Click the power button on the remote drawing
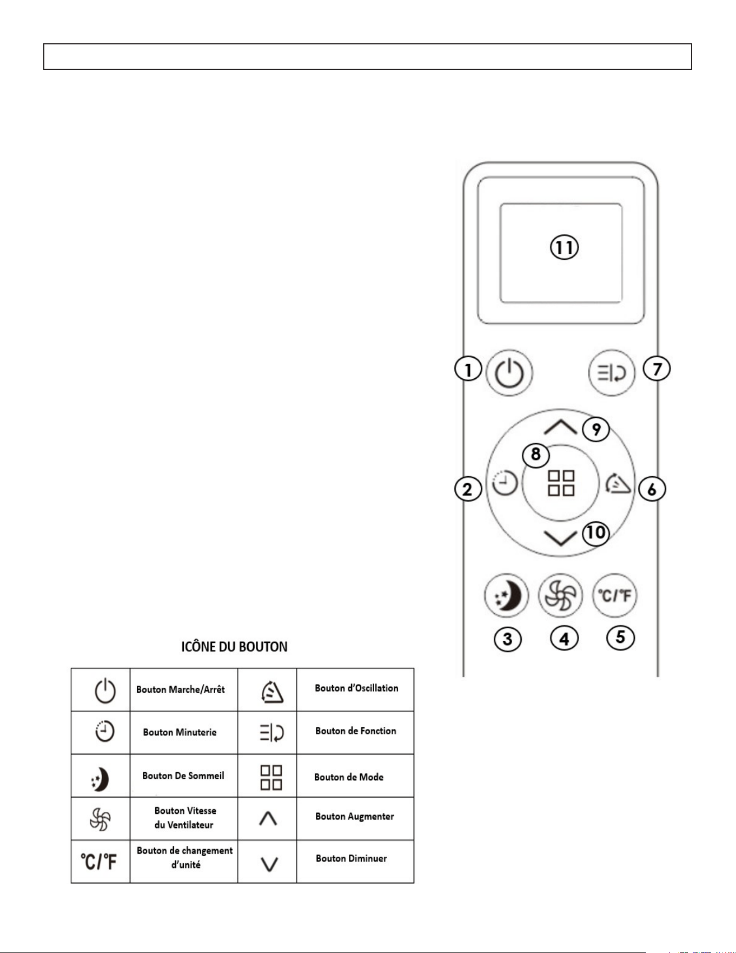509,373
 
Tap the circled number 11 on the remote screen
564,248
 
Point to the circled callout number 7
657,369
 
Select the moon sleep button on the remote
506,595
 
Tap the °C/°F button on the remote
615,595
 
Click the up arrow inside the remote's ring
560,427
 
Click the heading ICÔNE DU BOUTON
234,647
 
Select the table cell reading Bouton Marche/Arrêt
181,689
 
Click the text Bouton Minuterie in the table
180,732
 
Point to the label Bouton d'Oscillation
356,688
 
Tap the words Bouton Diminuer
352,858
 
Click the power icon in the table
105,690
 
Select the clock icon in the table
104,732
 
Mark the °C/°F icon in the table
99,862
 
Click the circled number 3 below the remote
507,639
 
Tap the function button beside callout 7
612,373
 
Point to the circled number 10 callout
595,533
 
